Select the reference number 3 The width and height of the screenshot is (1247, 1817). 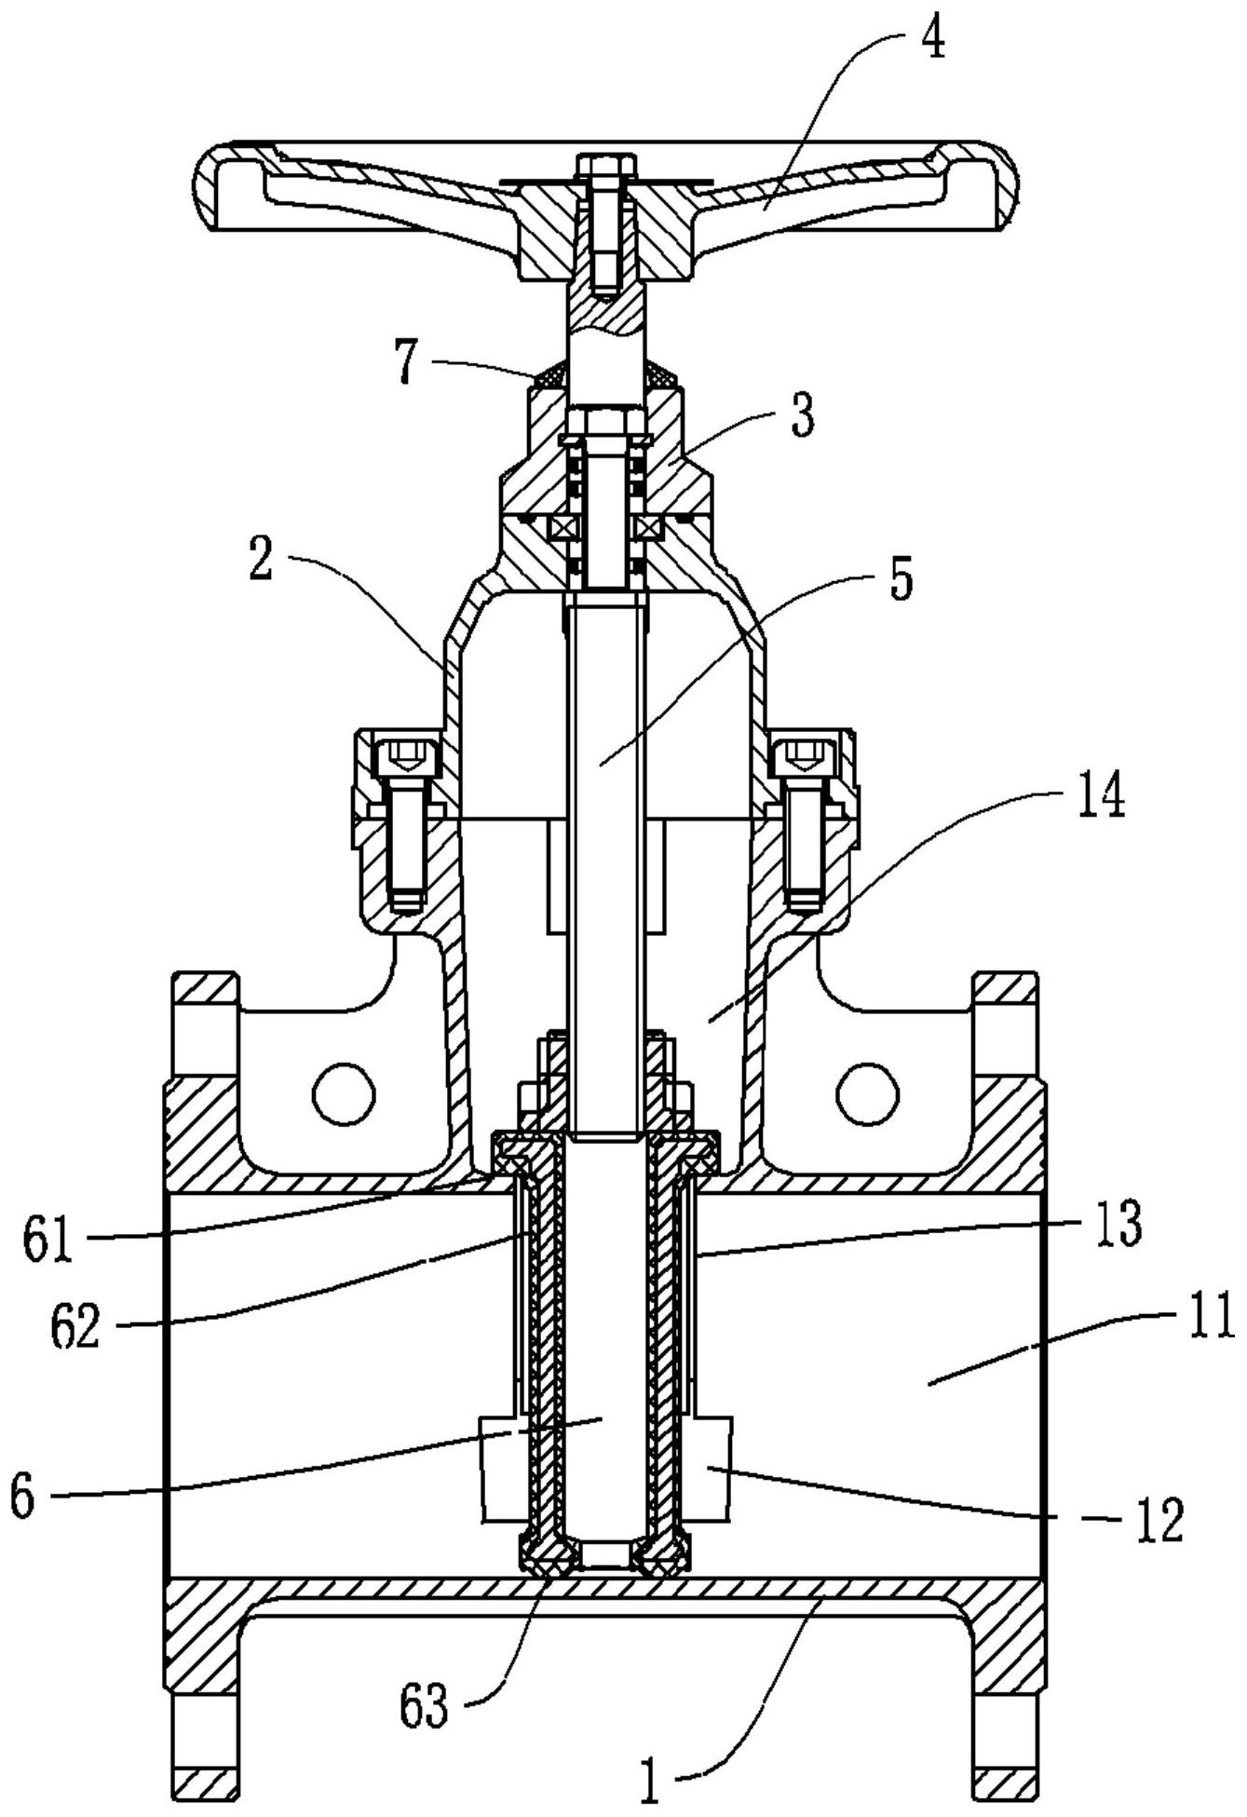pos(802,415)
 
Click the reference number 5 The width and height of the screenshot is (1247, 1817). pos(900,578)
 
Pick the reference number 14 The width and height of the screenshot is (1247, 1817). pos(1100,798)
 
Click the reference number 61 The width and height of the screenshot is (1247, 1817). pos(48,1244)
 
